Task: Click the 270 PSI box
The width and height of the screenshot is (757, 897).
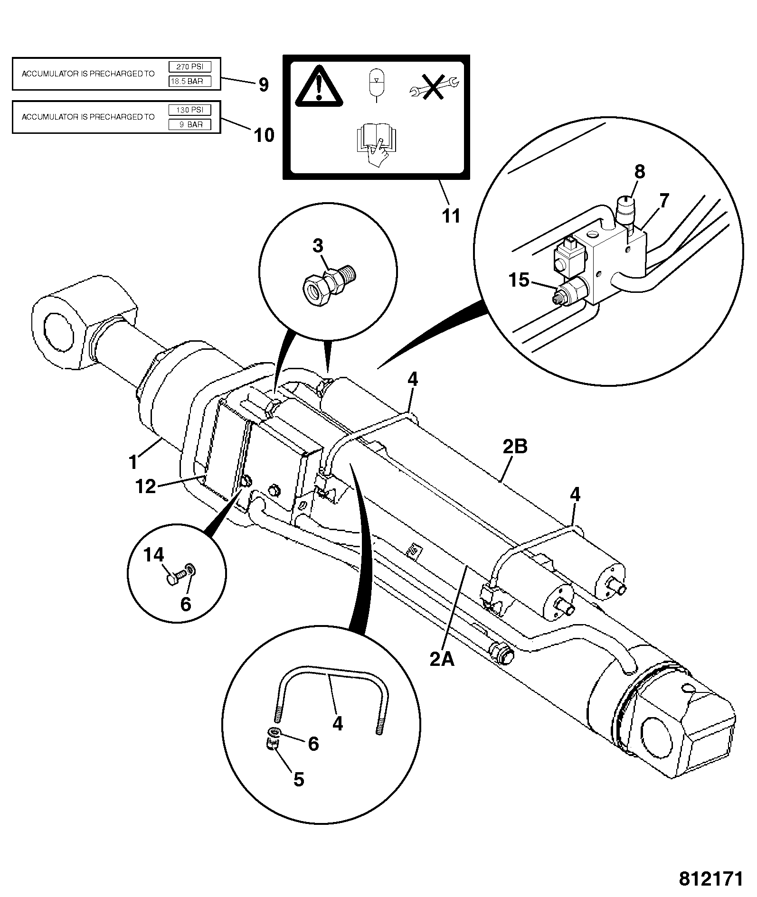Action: pyautogui.click(x=189, y=67)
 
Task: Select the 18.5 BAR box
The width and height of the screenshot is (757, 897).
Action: pyautogui.click(x=189, y=81)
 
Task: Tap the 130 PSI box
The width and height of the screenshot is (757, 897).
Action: pyautogui.click(x=189, y=110)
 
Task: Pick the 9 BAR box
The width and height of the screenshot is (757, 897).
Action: pyautogui.click(x=189, y=124)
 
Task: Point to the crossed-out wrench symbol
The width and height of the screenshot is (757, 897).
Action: pyautogui.click(x=434, y=86)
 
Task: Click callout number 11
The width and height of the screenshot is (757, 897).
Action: pyautogui.click(x=451, y=216)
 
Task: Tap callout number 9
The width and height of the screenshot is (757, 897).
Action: pyautogui.click(x=264, y=85)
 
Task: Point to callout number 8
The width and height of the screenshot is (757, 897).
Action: pyautogui.click(x=640, y=172)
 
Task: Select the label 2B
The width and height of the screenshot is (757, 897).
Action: pyautogui.click(x=515, y=447)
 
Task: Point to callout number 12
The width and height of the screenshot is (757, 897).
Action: pyautogui.click(x=145, y=487)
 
